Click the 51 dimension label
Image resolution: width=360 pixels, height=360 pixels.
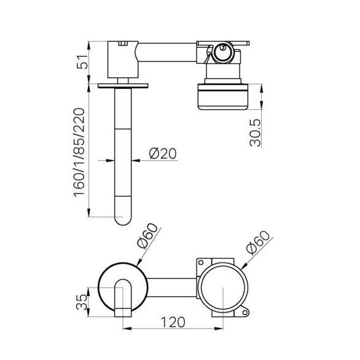click(82, 62)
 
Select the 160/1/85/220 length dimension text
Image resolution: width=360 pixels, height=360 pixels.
click(79, 153)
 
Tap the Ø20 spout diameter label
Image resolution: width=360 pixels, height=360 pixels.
click(163, 154)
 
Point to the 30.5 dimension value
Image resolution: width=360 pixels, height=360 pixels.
click(255, 133)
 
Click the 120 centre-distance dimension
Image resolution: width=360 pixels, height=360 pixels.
click(173, 323)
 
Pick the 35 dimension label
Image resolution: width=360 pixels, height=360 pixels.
click(82, 302)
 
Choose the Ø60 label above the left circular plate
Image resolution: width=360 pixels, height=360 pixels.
click(147, 236)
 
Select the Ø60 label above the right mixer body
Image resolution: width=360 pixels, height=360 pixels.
click(258, 243)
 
